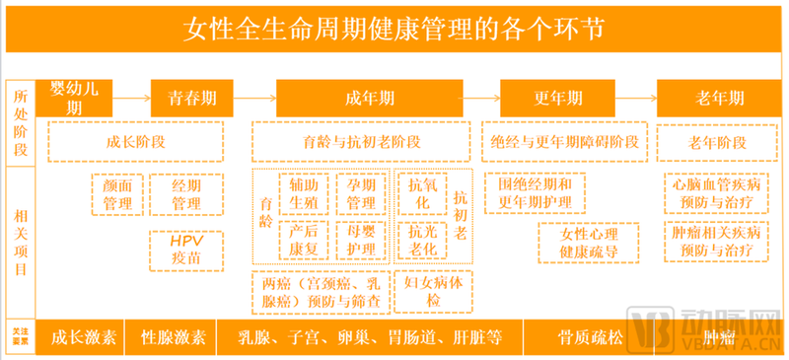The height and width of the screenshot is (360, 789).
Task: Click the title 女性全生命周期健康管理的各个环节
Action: pyautogui.click(x=394, y=28)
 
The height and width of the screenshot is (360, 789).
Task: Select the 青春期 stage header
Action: pyautogui.click(x=192, y=100)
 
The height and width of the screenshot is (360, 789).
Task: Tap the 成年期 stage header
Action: pyautogui.click(x=370, y=100)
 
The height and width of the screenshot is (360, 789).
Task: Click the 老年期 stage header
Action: pyautogui.click(x=715, y=100)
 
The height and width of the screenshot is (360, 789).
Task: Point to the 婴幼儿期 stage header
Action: pyautogui.click(x=74, y=96)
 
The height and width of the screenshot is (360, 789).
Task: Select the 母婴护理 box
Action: pyautogui.click(x=361, y=240)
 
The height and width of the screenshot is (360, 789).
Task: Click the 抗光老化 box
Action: pyautogui.click(x=423, y=240)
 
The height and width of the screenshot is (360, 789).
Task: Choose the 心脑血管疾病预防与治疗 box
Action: pyautogui.click(x=716, y=193)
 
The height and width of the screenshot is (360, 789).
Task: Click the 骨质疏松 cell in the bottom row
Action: pyautogui.click(x=588, y=337)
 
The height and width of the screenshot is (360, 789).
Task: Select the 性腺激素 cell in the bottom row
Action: pyautogui.click(x=174, y=337)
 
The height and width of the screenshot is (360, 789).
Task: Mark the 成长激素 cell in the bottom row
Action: pyautogui.click(x=84, y=337)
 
